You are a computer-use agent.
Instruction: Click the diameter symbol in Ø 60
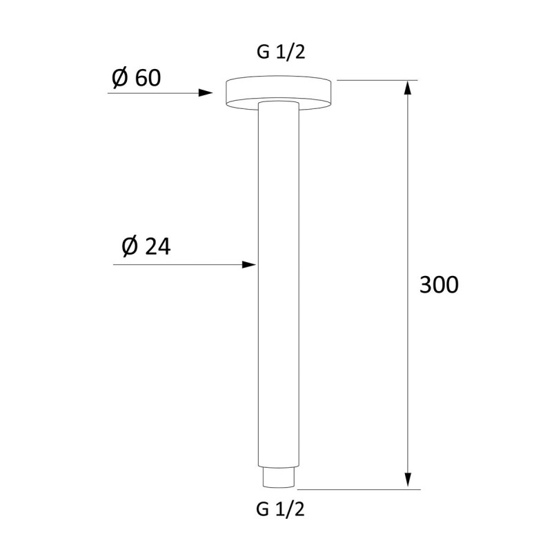click(119, 79)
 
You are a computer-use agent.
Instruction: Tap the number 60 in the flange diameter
click(148, 79)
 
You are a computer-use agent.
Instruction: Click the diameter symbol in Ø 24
click(130, 246)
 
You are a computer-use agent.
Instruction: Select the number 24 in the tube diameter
click(158, 246)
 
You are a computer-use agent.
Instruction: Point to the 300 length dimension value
click(439, 284)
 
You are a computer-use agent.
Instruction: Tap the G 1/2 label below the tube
click(280, 510)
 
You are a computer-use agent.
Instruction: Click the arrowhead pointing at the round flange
click(206, 92)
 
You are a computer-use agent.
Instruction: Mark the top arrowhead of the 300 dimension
click(408, 89)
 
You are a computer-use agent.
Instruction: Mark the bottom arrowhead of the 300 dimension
click(408, 481)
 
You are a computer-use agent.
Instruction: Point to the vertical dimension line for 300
click(408, 207)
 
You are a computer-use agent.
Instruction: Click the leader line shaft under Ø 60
click(152, 92)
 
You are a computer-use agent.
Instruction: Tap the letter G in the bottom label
click(262, 510)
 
